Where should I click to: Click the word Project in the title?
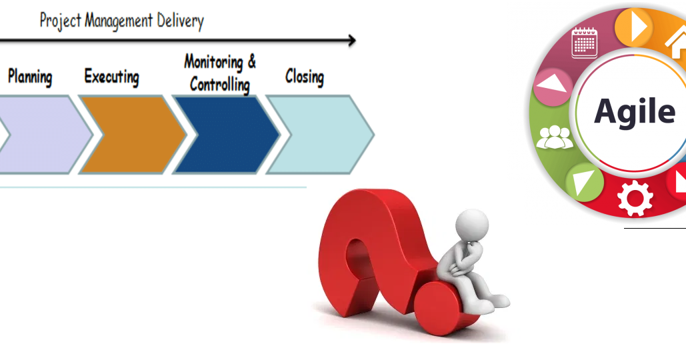click(60, 21)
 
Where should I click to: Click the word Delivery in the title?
click(180, 21)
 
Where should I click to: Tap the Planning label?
click(30, 77)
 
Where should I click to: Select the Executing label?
click(111, 77)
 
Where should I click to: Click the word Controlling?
click(219, 85)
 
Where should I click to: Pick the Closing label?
click(304, 77)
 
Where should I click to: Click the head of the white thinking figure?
click(475, 223)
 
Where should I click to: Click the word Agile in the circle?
click(634, 111)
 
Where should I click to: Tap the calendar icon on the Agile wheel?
click(585, 43)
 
